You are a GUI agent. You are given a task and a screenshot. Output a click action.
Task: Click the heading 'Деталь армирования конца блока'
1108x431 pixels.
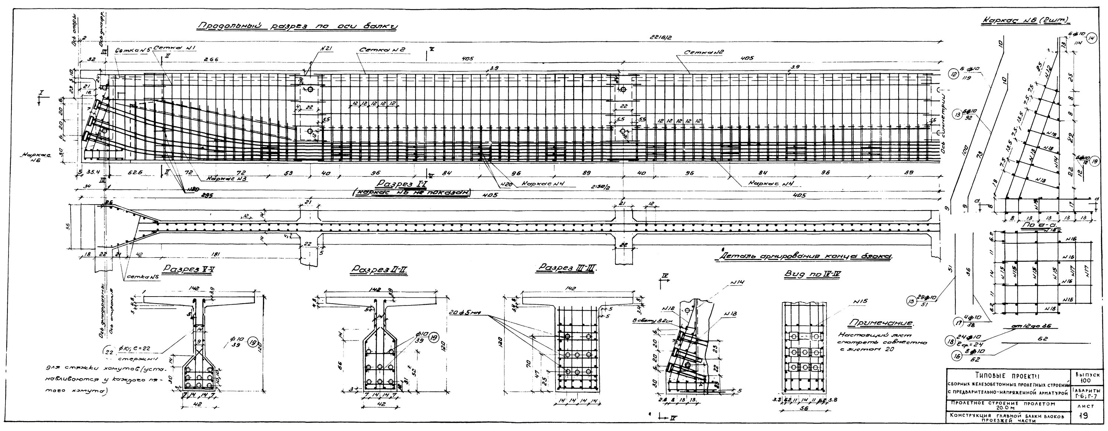point(802,257)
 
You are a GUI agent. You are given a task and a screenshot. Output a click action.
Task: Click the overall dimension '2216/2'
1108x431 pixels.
point(661,38)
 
